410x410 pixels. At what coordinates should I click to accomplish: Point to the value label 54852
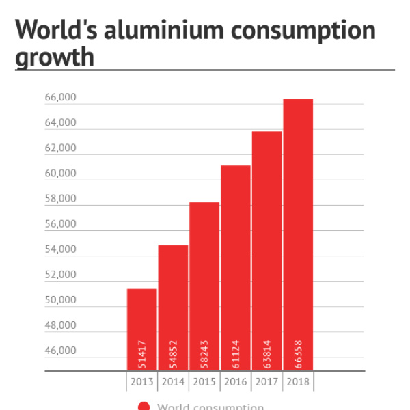pyautogui.click(x=174, y=354)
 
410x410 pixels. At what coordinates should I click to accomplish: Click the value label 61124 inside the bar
pyautogui.click(x=236, y=354)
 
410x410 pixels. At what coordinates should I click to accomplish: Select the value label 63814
pyautogui.click(x=267, y=354)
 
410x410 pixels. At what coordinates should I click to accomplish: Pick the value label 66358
pyautogui.click(x=299, y=354)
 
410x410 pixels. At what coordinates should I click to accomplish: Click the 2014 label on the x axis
pyautogui.click(x=173, y=381)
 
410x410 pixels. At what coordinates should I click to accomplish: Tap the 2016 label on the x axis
pyautogui.click(x=236, y=381)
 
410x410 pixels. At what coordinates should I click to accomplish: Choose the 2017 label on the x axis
pyautogui.click(x=267, y=381)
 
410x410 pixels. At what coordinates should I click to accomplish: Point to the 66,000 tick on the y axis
pyautogui.click(x=61, y=98)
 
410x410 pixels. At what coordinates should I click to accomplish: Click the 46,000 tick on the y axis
pyautogui.click(x=61, y=351)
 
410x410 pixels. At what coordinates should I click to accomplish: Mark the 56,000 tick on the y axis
pyautogui.click(x=61, y=224)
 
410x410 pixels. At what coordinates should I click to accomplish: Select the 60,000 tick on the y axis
pyautogui.click(x=61, y=174)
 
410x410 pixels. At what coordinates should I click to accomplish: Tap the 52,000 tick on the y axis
pyautogui.click(x=61, y=275)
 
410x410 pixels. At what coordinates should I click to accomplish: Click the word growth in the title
pyautogui.click(x=54, y=57)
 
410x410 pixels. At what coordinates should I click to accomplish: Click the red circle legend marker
pyautogui.click(x=143, y=407)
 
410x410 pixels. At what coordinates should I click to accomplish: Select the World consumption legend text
pyautogui.click(x=210, y=407)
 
